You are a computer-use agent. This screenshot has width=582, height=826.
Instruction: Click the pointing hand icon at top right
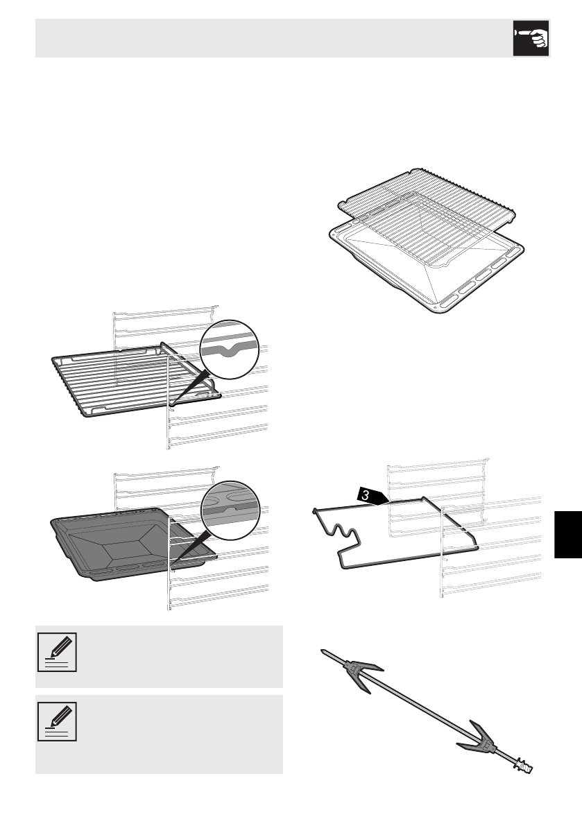[531, 38]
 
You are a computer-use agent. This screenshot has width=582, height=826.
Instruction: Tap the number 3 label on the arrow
[363, 495]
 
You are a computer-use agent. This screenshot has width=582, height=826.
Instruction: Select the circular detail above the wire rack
[228, 349]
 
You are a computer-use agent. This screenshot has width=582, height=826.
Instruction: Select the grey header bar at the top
[271, 38]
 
